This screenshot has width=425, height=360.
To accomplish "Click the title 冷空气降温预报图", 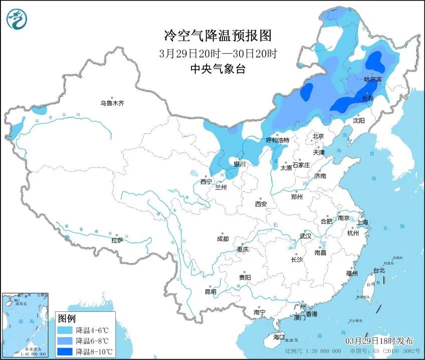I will coord(218,36).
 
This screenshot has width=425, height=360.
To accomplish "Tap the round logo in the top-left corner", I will coord(17,19).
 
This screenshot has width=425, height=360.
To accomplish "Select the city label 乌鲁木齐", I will coord(111,103).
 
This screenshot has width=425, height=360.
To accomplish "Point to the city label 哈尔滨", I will coord(372,80).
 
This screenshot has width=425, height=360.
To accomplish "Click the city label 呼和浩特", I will coord(277,140).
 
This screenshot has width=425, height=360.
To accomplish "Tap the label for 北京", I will coord(318,136).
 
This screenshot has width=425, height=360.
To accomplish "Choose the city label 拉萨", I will coord(117,241).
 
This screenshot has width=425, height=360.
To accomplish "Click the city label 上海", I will coord(362,222).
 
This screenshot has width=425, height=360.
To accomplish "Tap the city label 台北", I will coord(379,270).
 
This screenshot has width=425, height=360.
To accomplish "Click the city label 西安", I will coord(261,204).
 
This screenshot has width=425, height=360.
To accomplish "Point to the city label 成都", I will coord(223,239).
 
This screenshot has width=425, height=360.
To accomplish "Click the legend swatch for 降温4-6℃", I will coord(65,330).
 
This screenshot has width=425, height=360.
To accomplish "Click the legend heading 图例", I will coord(67,318).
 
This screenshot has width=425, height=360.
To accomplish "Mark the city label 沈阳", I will coord(358,121).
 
